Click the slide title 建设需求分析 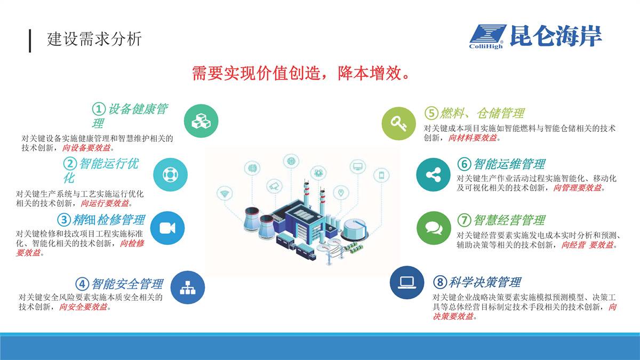pyautogui.click(x=94, y=39)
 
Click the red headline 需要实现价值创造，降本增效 pyautogui.click(x=301, y=73)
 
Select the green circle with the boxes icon pyautogui.click(x=201, y=121)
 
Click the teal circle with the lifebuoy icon pyautogui.click(x=170, y=174)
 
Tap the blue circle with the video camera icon pyautogui.click(x=167, y=228)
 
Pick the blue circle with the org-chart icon pyautogui.click(x=188, y=287)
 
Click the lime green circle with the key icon pyautogui.click(x=399, y=123)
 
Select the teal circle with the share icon pyautogui.click(x=433, y=174)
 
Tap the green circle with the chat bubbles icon pyautogui.click(x=434, y=228)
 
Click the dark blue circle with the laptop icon pyautogui.click(x=407, y=283)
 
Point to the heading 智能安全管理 pyautogui.click(x=127, y=284)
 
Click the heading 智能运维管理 pyautogui.click(x=509, y=164)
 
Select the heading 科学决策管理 pyautogui.click(x=485, y=282)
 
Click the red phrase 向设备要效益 pyautogui.click(x=86, y=148)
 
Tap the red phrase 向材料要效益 pyautogui.click(x=473, y=138)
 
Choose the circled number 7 pyautogui.click(x=464, y=220)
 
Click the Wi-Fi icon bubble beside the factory pyautogui.click(x=225, y=194)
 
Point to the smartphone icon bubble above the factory pyautogui.click(x=381, y=175)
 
